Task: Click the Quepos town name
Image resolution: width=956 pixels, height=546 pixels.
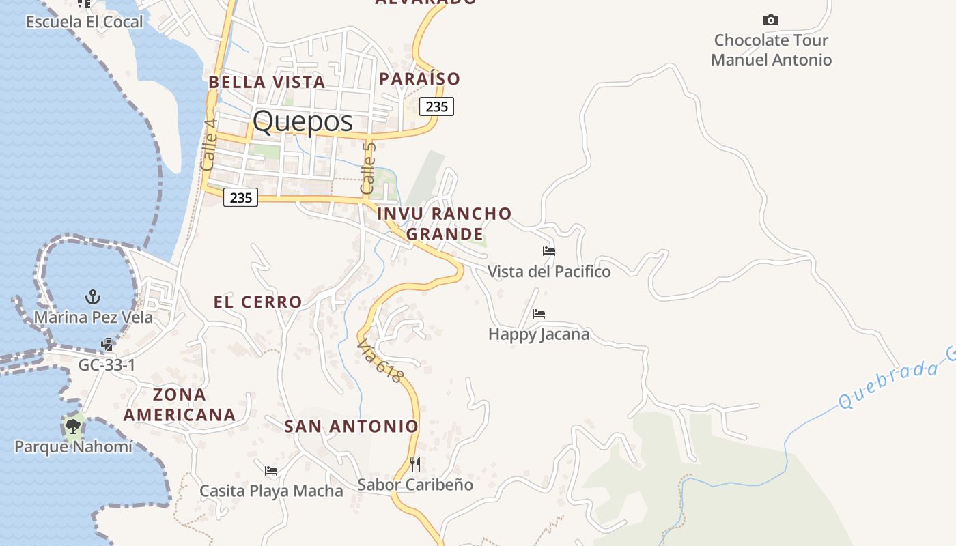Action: click(303, 121)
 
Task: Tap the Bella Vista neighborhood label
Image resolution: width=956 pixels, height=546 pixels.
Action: click(266, 82)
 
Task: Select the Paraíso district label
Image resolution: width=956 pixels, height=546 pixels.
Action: click(419, 78)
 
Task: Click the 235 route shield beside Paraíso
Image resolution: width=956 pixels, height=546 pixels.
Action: click(436, 106)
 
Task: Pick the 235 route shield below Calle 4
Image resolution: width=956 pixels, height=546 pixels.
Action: click(241, 198)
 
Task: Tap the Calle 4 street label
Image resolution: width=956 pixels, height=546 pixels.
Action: click(210, 145)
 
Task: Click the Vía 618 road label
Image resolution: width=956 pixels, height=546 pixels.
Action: click(380, 361)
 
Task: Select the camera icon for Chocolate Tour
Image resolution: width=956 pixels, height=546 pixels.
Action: click(771, 20)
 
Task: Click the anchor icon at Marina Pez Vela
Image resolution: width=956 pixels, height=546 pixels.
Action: click(93, 297)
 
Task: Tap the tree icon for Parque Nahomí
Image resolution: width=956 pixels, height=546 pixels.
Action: click(72, 427)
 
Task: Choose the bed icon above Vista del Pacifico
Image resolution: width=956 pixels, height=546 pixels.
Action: click(549, 251)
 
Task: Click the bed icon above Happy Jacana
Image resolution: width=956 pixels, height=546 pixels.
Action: click(539, 314)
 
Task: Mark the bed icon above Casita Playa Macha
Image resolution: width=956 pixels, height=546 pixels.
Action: click(271, 470)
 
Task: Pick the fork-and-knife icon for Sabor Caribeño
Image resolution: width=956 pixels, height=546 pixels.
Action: click(415, 465)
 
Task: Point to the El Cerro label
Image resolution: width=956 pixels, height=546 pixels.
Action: click(257, 302)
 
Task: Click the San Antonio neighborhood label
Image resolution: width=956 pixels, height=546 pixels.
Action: click(351, 427)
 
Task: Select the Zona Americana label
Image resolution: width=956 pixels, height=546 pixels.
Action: click(180, 404)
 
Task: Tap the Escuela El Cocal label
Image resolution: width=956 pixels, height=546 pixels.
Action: click(85, 22)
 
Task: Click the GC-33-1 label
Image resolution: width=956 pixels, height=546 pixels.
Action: click(107, 365)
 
